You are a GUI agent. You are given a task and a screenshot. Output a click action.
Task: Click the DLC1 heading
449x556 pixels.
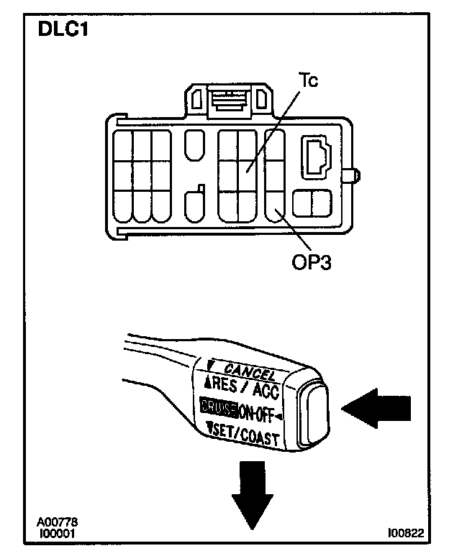(58, 32)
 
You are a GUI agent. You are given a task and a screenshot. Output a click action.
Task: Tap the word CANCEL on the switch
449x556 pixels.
(250, 372)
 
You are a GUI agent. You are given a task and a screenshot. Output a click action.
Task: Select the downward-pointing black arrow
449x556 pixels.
(253, 500)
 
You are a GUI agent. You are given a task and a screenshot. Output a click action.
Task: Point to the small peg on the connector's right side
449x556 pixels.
(355, 175)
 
